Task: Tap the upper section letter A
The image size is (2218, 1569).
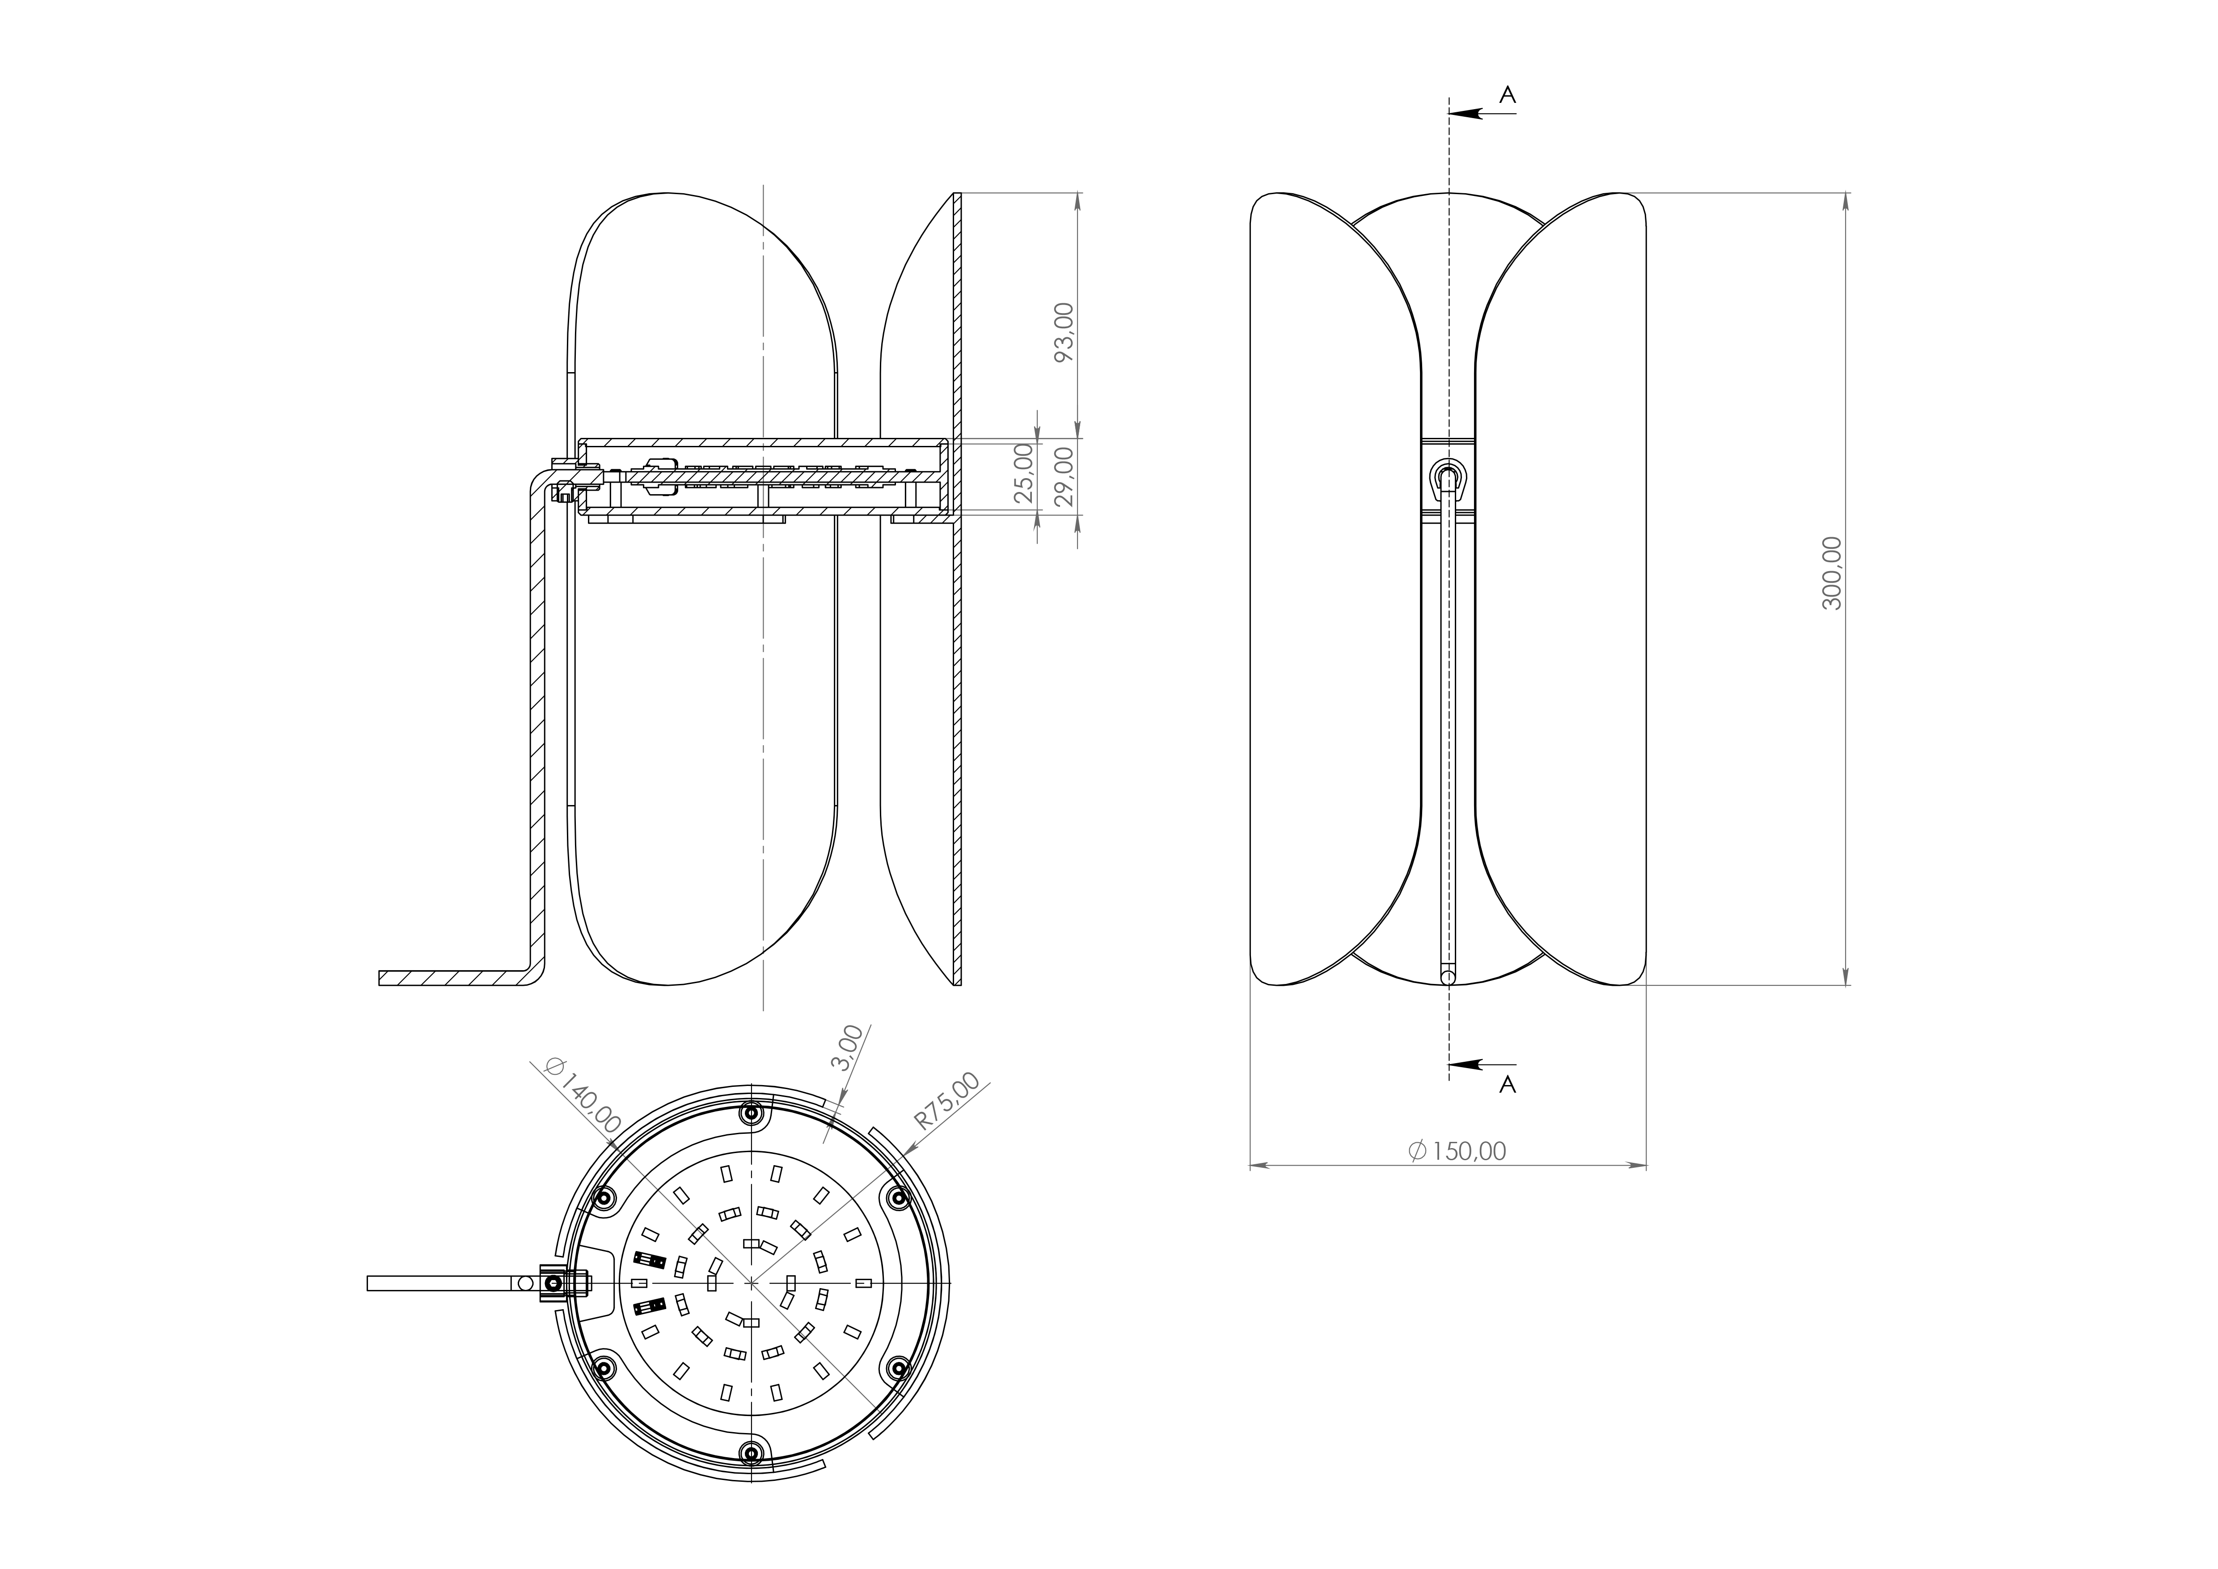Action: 1507,95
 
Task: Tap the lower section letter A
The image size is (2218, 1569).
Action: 1507,1085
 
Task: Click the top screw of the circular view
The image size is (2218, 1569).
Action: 751,1113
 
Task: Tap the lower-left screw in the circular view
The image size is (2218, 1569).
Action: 604,1368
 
